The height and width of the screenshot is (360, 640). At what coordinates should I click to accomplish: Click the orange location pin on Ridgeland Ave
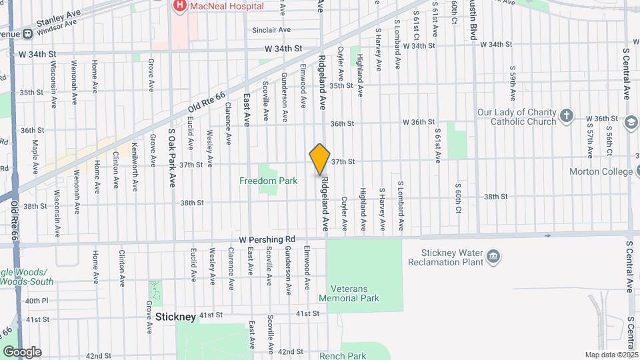pyautogui.click(x=320, y=159)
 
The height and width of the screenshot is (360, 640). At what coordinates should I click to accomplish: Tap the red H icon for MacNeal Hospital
pyautogui.click(x=179, y=7)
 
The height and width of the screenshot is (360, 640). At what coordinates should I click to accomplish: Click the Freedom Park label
pyautogui.click(x=269, y=181)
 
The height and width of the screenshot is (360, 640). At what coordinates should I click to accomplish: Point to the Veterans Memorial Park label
pyautogui.click(x=358, y=293)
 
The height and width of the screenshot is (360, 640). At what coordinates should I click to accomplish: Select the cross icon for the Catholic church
pyautogui.click(x=566, y=116)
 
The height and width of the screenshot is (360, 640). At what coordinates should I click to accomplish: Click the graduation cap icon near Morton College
pyautogui.click(x=631, y=123)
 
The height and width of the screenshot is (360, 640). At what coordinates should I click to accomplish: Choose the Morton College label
pyautogui.click(x=601, y=172)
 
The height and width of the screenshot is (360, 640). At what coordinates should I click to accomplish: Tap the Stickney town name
pyautogui.click(x=176, y=317)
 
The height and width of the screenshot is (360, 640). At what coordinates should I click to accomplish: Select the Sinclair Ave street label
pyautogui.click(x=271, y=30)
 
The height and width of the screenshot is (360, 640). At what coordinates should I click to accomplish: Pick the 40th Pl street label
pyautogui.click(x=37, y=301)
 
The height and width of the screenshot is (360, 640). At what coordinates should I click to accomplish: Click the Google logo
pyautogui.click(x=22, y=352)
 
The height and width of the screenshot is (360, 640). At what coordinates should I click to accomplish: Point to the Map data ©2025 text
pyautogui.click(x=611, y=355)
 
